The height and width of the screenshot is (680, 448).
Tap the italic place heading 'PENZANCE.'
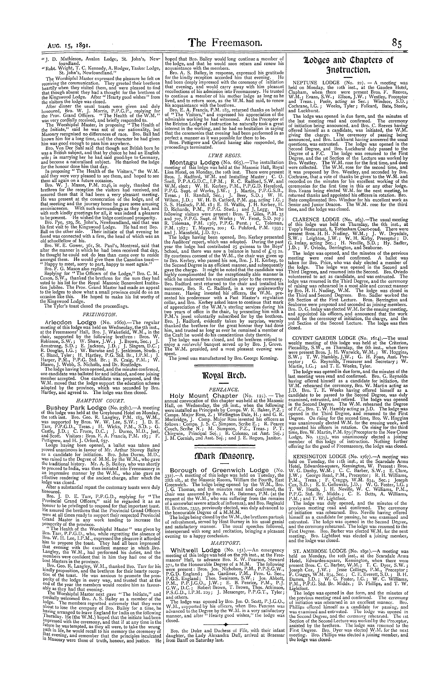[x=224, y=389]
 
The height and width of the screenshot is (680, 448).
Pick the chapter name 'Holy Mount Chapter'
[x=204, y=396]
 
